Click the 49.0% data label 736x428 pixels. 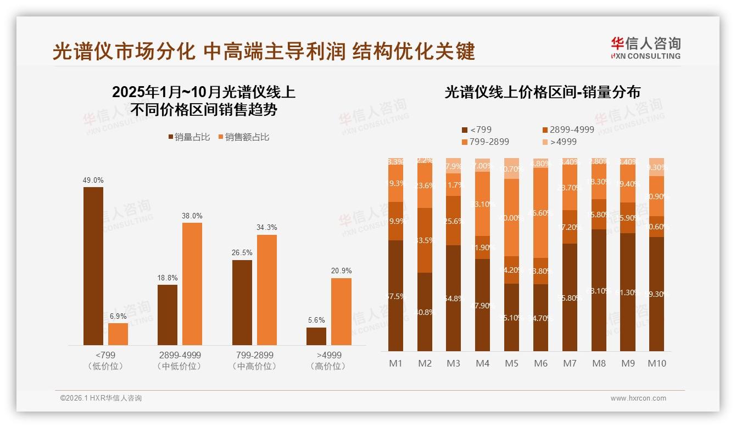point(93,180)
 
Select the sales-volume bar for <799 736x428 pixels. point(93,266)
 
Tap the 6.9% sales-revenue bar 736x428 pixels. point(118,334)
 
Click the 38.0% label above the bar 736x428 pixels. point(192,216)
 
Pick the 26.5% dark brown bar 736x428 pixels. point(242,302)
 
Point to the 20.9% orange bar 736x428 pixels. point(341,312)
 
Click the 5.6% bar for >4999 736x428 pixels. point(316,336)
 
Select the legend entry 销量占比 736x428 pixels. point(189,137)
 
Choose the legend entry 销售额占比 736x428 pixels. point(244,137)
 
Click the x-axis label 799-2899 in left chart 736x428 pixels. point(253,355)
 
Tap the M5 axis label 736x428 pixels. point(511,363)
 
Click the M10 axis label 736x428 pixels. point(656,363)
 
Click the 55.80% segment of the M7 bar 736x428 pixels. point(570,297)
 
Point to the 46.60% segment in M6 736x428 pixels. point(540,212)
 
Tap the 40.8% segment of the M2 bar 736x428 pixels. point(425,312)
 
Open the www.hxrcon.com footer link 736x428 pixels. point(638,398)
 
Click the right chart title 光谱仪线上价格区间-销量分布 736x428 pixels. point(542,92)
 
